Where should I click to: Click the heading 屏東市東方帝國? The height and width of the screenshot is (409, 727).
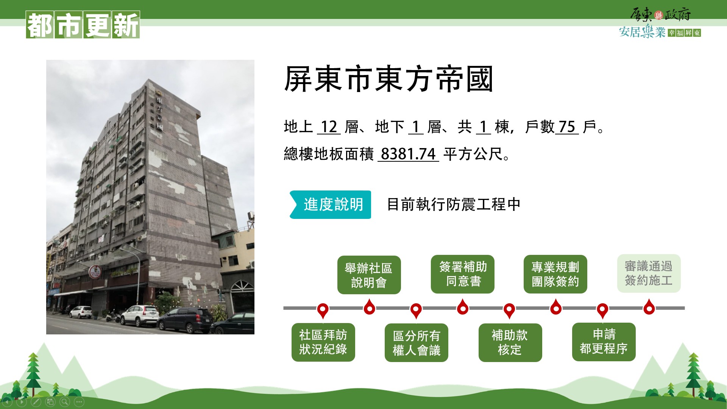(x=388, y=79)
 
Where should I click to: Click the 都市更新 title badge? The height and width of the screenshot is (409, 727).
(x=83, y=25)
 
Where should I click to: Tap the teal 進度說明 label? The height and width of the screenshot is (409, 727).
(x=330, y=204)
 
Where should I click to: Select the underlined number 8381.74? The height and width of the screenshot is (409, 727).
(x=408, y=154)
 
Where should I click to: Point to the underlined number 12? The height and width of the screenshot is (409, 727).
(x=329, y=126)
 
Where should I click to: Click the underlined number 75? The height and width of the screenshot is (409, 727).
(x=567, y=126)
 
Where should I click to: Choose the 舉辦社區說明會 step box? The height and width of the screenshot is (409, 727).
(x=369, y=275)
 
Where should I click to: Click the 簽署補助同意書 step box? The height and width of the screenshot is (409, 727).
(x=463, y=274)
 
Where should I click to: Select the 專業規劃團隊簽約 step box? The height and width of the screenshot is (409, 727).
(x=555, y=274)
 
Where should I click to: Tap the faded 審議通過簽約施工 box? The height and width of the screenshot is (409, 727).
(x=649, y=273)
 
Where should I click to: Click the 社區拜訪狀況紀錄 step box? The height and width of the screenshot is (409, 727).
(x=323, y=342)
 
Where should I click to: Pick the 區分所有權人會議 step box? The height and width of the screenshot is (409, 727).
(x=417, y=343)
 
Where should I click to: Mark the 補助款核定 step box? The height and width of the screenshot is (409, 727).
(x=510, y=343)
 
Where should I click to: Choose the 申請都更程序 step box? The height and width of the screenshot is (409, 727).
(x=604, y=342)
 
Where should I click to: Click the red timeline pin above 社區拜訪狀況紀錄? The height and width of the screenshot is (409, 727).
(x=323, y=310)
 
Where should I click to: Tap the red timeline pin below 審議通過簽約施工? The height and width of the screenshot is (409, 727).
(x=649, y=307)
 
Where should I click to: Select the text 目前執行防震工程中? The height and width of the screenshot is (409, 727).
(x=454, y=204)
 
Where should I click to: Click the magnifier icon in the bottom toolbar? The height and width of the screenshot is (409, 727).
(x=65, y=402)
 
